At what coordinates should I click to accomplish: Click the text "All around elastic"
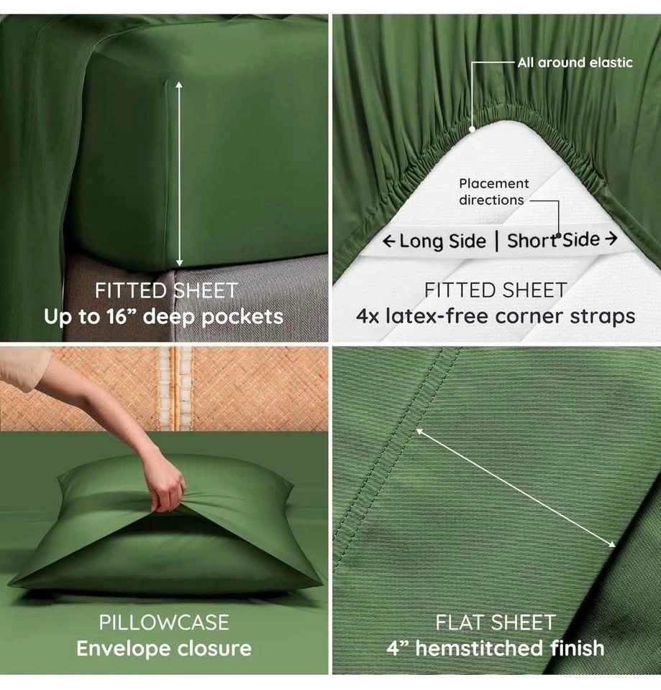click(575, 63)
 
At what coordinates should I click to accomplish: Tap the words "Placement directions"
click(493, 191)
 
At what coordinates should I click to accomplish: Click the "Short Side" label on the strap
click(553, 240)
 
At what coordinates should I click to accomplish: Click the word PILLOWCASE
click(164, 622)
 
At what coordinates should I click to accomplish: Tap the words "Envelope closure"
click(164, 648)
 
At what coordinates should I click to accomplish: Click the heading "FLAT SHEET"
click(496, 622)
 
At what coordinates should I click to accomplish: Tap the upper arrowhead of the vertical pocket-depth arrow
click(179, 85)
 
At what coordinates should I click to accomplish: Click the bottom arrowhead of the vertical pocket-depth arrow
click(179, 263)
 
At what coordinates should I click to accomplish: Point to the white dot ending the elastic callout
click(472, 129)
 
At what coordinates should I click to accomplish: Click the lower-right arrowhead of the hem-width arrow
click(612, 544)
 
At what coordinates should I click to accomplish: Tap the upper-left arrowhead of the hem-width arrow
click(420, 432)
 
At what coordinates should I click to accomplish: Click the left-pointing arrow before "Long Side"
click(388, 241)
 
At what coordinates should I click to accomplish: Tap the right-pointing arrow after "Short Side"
click(611, 239)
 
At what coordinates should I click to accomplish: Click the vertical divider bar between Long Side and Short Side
click(497, 241)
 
